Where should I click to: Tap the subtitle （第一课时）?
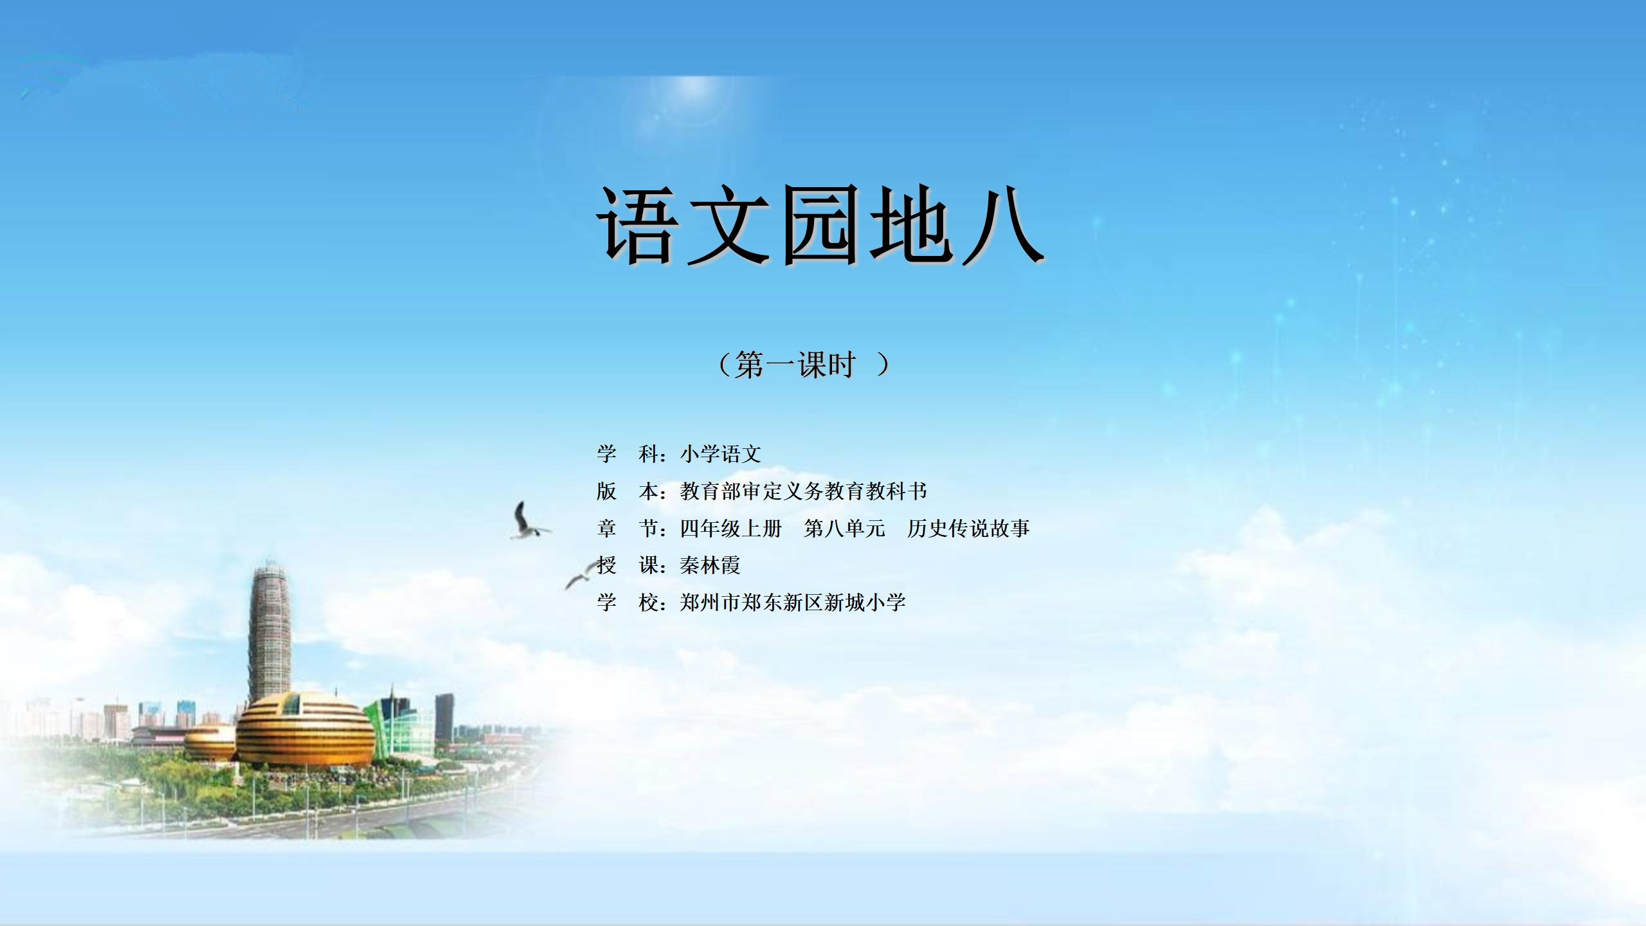[804, 365]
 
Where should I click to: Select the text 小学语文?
[721, 454]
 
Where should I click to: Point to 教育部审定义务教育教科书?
[804, 491]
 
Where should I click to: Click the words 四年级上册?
[731, 529]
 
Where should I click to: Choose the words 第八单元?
[845, 529]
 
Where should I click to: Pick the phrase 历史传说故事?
[969, 529]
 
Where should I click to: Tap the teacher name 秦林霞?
[710, 565]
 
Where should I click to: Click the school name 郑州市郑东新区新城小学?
[793, 603]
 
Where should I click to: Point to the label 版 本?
[627, 491]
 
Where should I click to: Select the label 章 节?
[627, 529]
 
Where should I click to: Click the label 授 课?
[627, 565]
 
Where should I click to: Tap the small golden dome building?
[210, 742]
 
